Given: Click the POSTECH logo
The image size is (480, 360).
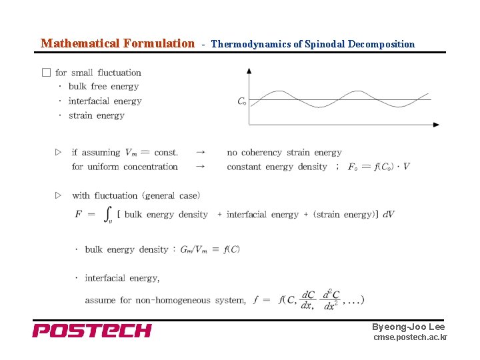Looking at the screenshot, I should pos(92,330).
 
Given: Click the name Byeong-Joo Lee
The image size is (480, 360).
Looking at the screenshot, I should pos(408,327).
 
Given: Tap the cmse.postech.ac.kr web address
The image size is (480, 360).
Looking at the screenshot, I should pos(410,337).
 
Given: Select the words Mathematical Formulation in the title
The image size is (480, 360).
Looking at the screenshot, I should pos(117,44).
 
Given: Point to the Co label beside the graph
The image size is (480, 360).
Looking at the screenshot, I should pos(241,101).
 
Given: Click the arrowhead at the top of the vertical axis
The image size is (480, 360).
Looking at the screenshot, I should pos(249,70).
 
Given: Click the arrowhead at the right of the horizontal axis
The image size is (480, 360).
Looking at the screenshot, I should pos(436,125).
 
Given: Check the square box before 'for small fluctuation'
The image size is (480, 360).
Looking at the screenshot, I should pos(46,73).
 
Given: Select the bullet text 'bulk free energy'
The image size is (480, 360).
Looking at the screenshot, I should pos(103,87).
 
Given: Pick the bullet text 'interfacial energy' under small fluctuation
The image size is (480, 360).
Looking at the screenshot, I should pos(105,101).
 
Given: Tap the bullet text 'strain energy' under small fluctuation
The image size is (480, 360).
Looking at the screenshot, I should pos(96,115).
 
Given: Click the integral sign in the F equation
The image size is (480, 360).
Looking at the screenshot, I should pos(108,214).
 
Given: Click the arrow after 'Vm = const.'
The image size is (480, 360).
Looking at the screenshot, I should pos(200,153).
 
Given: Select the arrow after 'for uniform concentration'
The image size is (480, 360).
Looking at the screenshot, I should pos(200,167).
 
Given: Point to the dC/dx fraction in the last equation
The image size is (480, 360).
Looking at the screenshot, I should pos(308,300).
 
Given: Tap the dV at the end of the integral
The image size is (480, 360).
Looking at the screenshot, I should pos(389,214).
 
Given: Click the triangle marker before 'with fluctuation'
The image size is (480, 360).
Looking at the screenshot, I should pos(58,195).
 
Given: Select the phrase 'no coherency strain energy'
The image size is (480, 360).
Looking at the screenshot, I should pos(284,153).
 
